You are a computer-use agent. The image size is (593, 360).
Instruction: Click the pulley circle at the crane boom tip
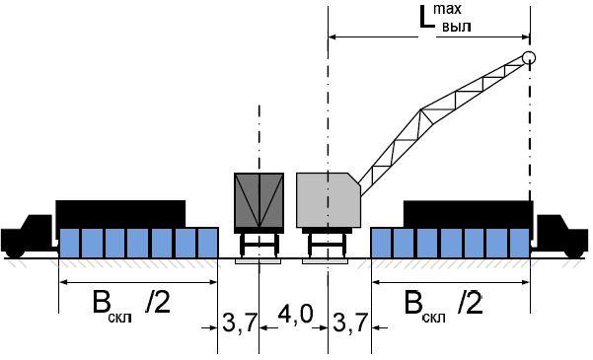pos(529,58)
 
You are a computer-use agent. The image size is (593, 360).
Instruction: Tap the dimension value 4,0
pos(295,314)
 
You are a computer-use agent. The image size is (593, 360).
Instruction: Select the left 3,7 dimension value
pos(240,323)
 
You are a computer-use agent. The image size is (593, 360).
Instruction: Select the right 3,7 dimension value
pos(350,323)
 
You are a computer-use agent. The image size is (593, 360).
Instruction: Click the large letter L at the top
pos(426,17)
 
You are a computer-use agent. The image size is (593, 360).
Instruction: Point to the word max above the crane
pos(447,9)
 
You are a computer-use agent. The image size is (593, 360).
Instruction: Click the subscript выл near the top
pos(457,27)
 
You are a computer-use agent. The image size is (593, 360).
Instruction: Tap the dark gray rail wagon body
pos(259,200)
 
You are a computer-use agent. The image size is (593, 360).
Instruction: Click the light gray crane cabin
pos(329,200)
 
